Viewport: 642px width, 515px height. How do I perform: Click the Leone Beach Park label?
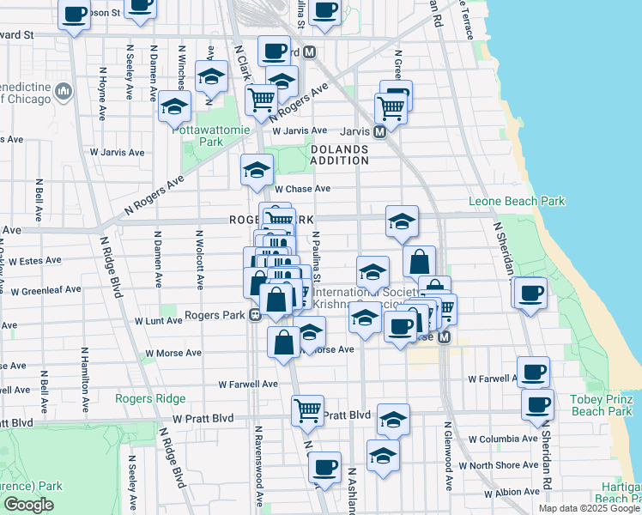(517, 202)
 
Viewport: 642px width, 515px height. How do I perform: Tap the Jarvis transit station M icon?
(379, 132)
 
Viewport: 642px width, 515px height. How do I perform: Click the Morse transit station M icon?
(444, 337)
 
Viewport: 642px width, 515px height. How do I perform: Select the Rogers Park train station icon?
(255, 315)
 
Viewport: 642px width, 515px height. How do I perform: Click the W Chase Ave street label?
(302, 189)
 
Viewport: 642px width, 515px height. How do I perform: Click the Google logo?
(28, 505)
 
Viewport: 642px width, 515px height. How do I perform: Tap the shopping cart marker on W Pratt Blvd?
(307, 409)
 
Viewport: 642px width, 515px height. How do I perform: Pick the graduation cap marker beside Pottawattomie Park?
(175, 107)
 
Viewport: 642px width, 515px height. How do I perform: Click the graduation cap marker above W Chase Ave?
(256, 170)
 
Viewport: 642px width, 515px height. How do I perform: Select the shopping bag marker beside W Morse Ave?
(283, 342)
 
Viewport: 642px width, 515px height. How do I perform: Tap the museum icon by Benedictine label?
(64, 91)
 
